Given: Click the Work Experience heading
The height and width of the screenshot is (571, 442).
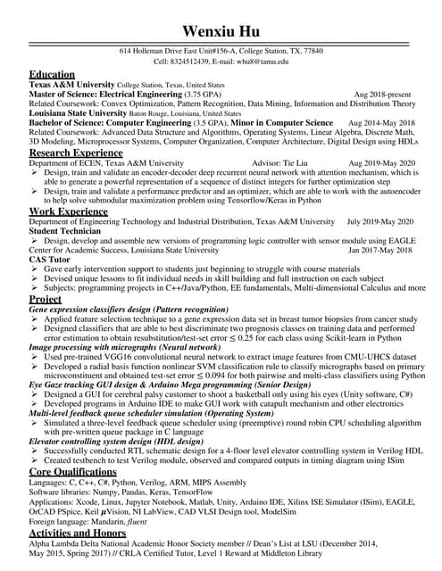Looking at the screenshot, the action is pos(69,211).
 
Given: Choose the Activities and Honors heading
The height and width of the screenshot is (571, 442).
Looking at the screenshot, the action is pos(79,533).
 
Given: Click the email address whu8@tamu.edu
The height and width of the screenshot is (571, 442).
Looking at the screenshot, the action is pos(260,62).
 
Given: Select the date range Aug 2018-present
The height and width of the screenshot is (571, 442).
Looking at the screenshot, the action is pos(384,95).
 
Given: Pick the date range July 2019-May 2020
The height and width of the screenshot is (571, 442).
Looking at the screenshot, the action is pos(379,221).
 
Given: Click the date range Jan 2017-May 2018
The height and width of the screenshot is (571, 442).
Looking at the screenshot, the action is pos(380,251).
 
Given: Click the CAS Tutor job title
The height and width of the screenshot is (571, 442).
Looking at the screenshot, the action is pos(50,260).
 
